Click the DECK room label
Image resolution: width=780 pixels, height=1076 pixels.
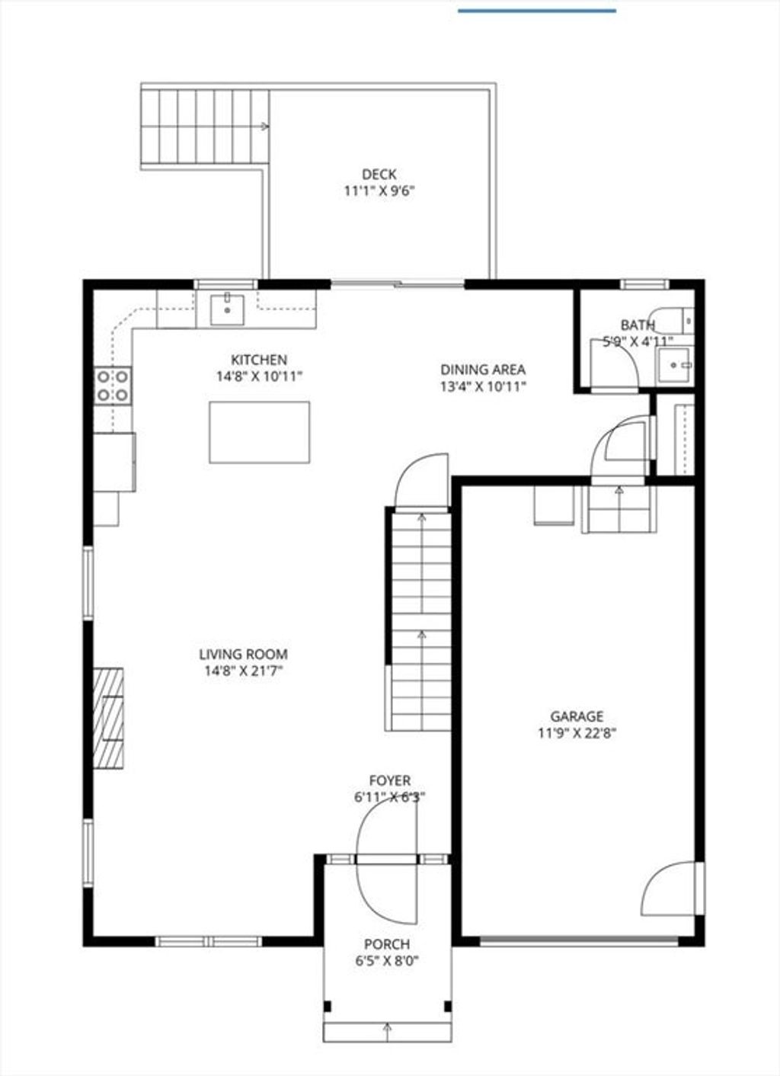pyautogui.click(x=379, y=174)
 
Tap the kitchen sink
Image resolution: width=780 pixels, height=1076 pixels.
pyautogui.click(x=227, y=310)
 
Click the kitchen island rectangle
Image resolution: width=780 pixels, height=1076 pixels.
pyautogui.click(x=259, y=432)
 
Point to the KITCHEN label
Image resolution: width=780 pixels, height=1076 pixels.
pyautogui.click(x=259, y=360)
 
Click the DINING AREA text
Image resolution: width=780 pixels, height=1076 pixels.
pyautogui.click(x=483, y=370)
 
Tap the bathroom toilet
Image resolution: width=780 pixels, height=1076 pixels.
pyautogui.click(x=674, y=321)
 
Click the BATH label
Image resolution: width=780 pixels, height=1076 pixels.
pyautogui.click(x=638, y=325)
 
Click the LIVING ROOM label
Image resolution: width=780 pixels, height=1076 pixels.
pyautogui.click(x=244, y=655)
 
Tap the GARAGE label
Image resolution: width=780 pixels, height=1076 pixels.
pyautogui.click(x=577, y=716)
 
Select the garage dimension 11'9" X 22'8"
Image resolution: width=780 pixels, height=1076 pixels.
pyautogui.click(x=577, y=734)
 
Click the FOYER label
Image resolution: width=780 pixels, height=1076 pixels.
pyautogui.click(x=390, y=780)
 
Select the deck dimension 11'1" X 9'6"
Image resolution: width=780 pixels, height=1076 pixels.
pyautogui.click(x=379, y=191)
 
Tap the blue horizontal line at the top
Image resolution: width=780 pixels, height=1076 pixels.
pyautogui.click(x=537, y=11)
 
